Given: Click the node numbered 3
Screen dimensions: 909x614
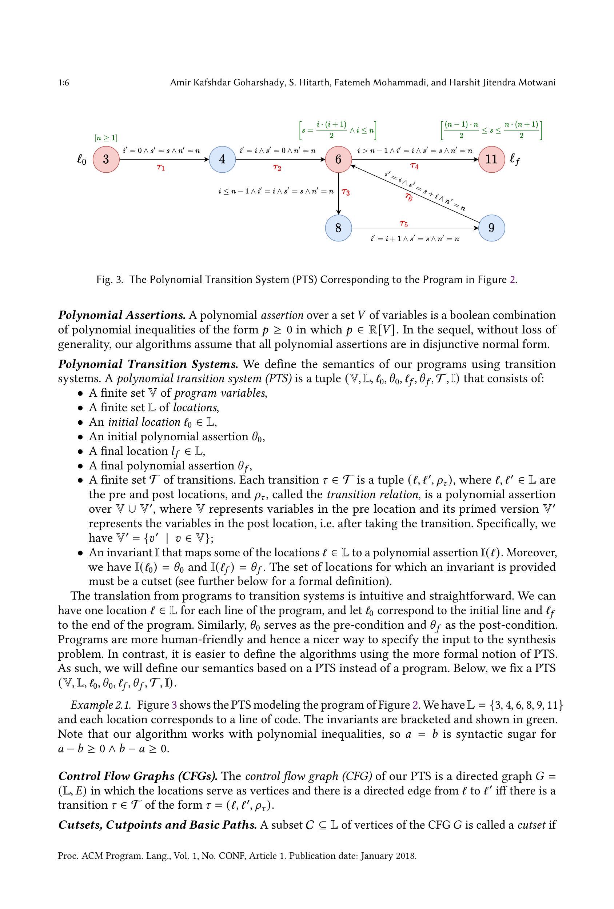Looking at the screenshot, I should (105, 159).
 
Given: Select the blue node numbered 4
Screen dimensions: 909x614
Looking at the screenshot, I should (222, 159).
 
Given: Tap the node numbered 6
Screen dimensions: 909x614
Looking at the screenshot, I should (338, 159).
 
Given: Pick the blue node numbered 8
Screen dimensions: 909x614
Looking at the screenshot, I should (338, 228).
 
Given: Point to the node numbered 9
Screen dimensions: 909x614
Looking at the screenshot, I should (491, 228).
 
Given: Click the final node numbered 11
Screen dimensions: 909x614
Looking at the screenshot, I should (491, 159).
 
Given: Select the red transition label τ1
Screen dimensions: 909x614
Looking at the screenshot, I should (160, 167).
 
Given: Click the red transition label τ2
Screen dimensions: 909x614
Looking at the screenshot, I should (277, 167).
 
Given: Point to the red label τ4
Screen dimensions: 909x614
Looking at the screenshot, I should (414, 166).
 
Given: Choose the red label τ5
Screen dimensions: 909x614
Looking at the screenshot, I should (403, 223).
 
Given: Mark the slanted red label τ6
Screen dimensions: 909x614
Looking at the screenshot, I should (408, 197).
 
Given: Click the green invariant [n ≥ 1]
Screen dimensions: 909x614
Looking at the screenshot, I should (105, 138).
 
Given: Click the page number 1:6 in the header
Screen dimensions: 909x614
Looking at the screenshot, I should (64, 83).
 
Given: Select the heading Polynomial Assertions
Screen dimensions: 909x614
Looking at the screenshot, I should (122, 315).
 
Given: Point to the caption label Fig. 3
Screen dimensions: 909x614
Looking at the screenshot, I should (110, 280).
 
